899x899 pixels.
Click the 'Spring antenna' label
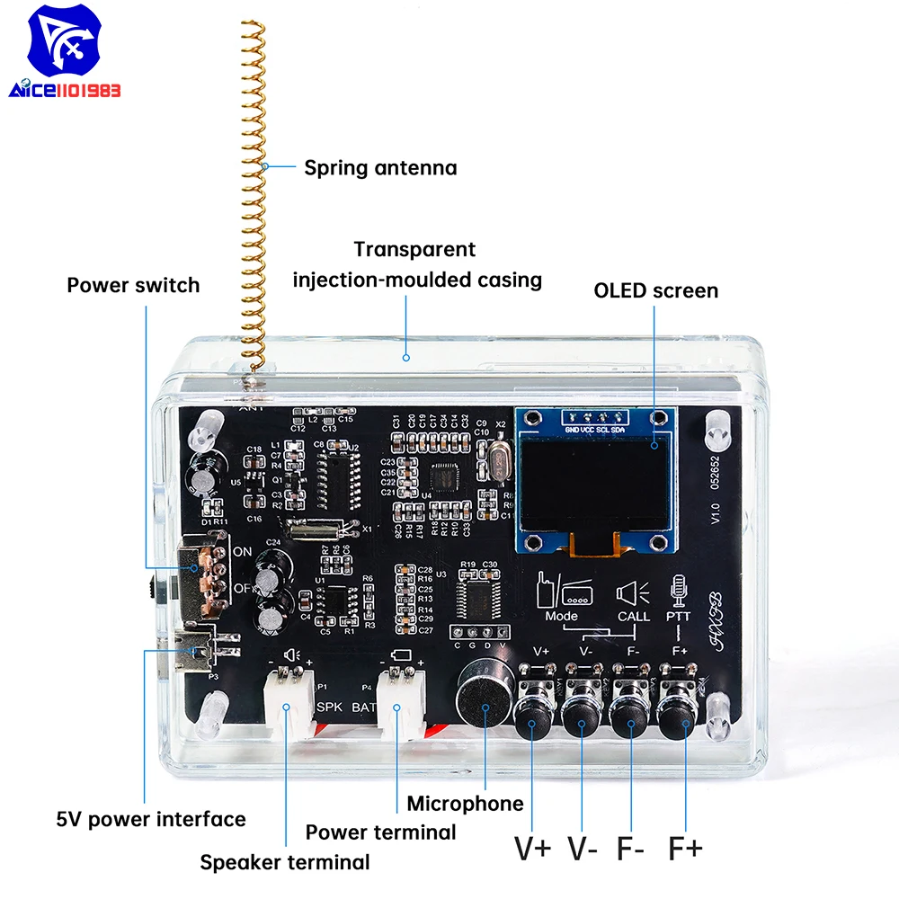point(379,167)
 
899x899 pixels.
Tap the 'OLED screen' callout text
point(655,290)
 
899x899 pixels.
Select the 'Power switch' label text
point(133,286)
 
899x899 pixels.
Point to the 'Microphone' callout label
point(464,803)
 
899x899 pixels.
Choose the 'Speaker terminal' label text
point(284,862)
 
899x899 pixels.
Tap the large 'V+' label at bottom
point(533,847)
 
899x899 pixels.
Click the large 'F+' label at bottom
point(685,847)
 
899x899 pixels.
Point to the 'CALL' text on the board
point(634,617)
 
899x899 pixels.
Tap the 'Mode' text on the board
point(562,617)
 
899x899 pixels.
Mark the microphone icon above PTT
point(679,589)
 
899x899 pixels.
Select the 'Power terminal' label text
point(380,832)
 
